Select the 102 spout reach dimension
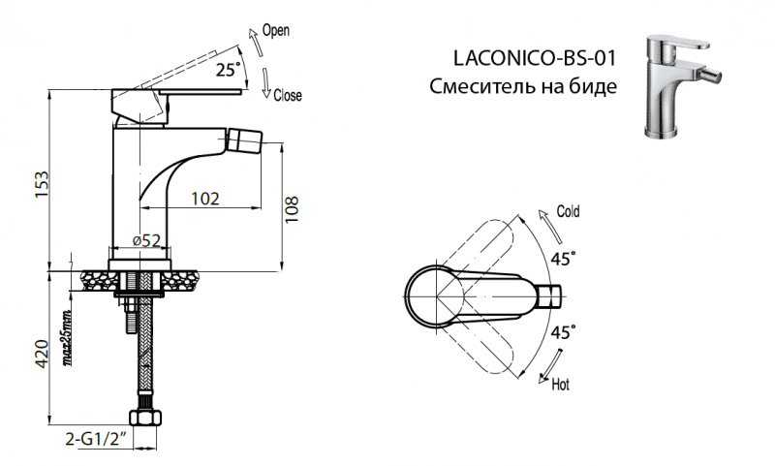tap(203, 199)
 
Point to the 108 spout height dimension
tap(293, 207)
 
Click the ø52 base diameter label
tap(145, 240)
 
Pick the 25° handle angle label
tap(228, 70)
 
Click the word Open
tap(277, 31)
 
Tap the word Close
tap(288, 95)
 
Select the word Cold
tap(568, 212)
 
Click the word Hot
tap(560, 385)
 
